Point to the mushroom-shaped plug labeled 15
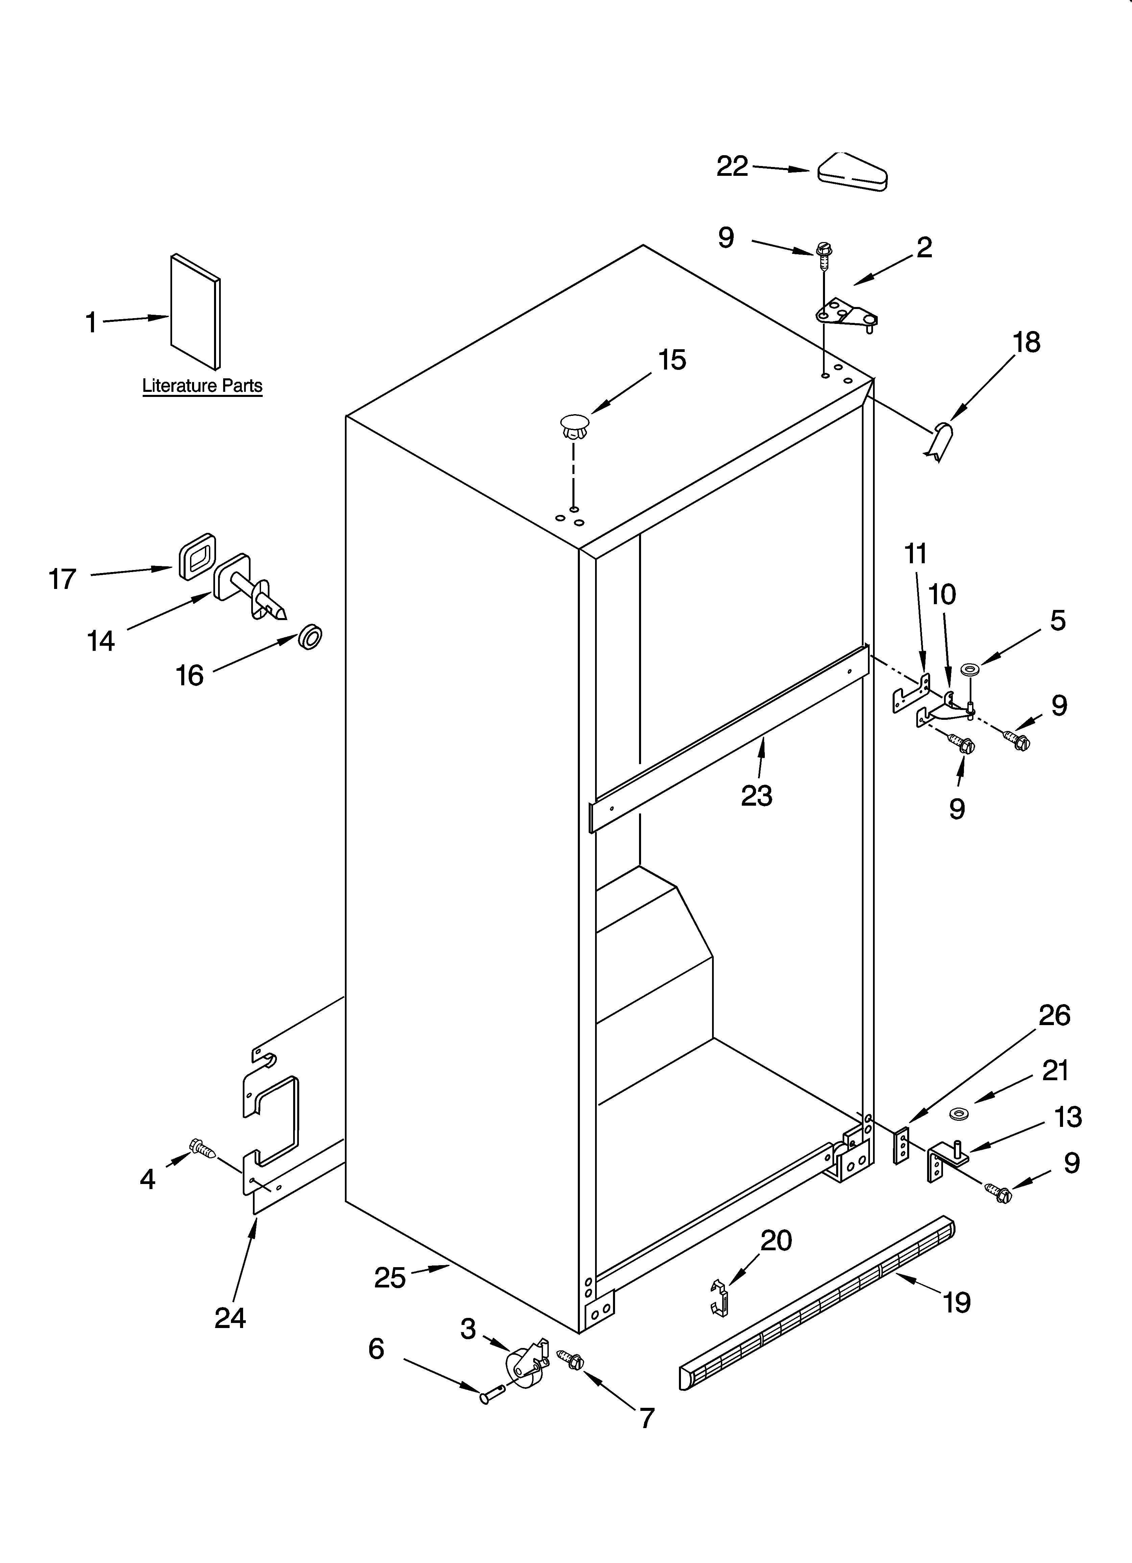pyautogui.click(x=574, y=425)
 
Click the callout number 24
pyautogui.click(x=230, y=1318)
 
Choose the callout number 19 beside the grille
pyautogui.click(x=957, y=1302)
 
